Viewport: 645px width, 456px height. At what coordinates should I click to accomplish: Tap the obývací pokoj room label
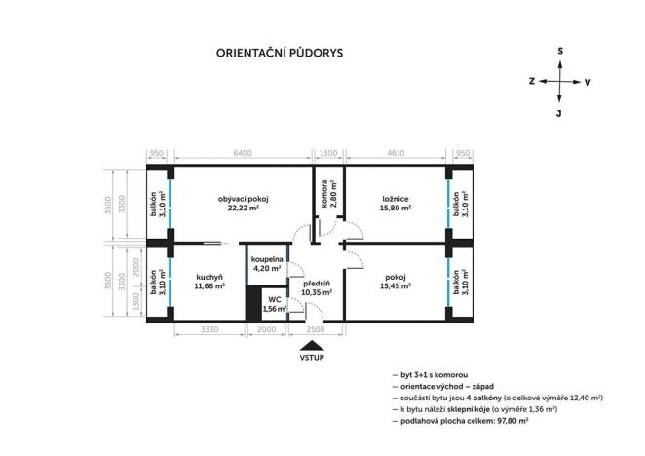(x=243, y=203)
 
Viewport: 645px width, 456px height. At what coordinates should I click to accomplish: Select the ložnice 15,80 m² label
(x=396, y=203)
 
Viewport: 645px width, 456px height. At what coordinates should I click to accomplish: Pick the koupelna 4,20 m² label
(x=266, y=264)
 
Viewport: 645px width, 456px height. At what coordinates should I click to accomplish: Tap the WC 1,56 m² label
(x=275, y=305)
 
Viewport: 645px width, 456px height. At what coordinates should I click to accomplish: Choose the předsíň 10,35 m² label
(x=317, y=286)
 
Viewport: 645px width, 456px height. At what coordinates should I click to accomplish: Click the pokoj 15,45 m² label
(x=396, y=282)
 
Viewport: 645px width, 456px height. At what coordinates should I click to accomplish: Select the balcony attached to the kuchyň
(x=157, y=282)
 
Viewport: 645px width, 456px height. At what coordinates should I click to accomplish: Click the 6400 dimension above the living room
(x=243, y=153)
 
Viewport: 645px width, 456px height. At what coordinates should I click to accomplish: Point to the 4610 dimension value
(x=396, y=153)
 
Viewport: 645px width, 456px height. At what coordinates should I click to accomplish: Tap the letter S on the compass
(x=559, y=50)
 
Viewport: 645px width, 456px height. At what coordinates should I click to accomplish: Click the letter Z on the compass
(x=531, y=82)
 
